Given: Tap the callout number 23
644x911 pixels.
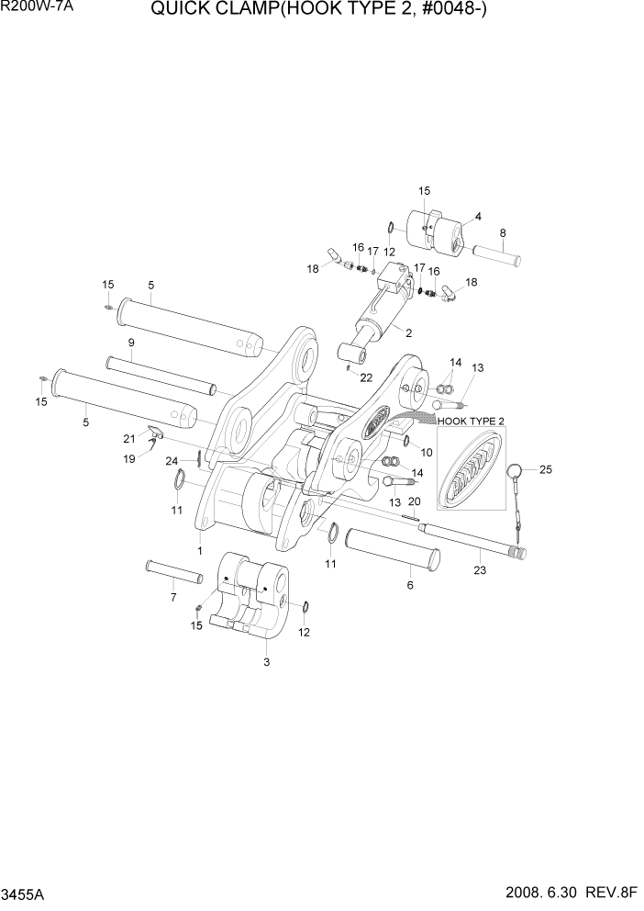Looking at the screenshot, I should coord(481,570).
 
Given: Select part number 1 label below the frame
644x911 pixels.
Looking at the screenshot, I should coord(199,550).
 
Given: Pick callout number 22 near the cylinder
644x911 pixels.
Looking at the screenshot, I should coord(366,377).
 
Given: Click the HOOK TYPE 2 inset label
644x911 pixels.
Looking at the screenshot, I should coord(472,421).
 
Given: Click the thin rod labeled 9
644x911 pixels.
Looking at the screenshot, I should coord(160,375).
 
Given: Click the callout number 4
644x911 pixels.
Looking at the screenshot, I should coord(477,218).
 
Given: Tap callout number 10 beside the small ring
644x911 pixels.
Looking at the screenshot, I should coord(426,452).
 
